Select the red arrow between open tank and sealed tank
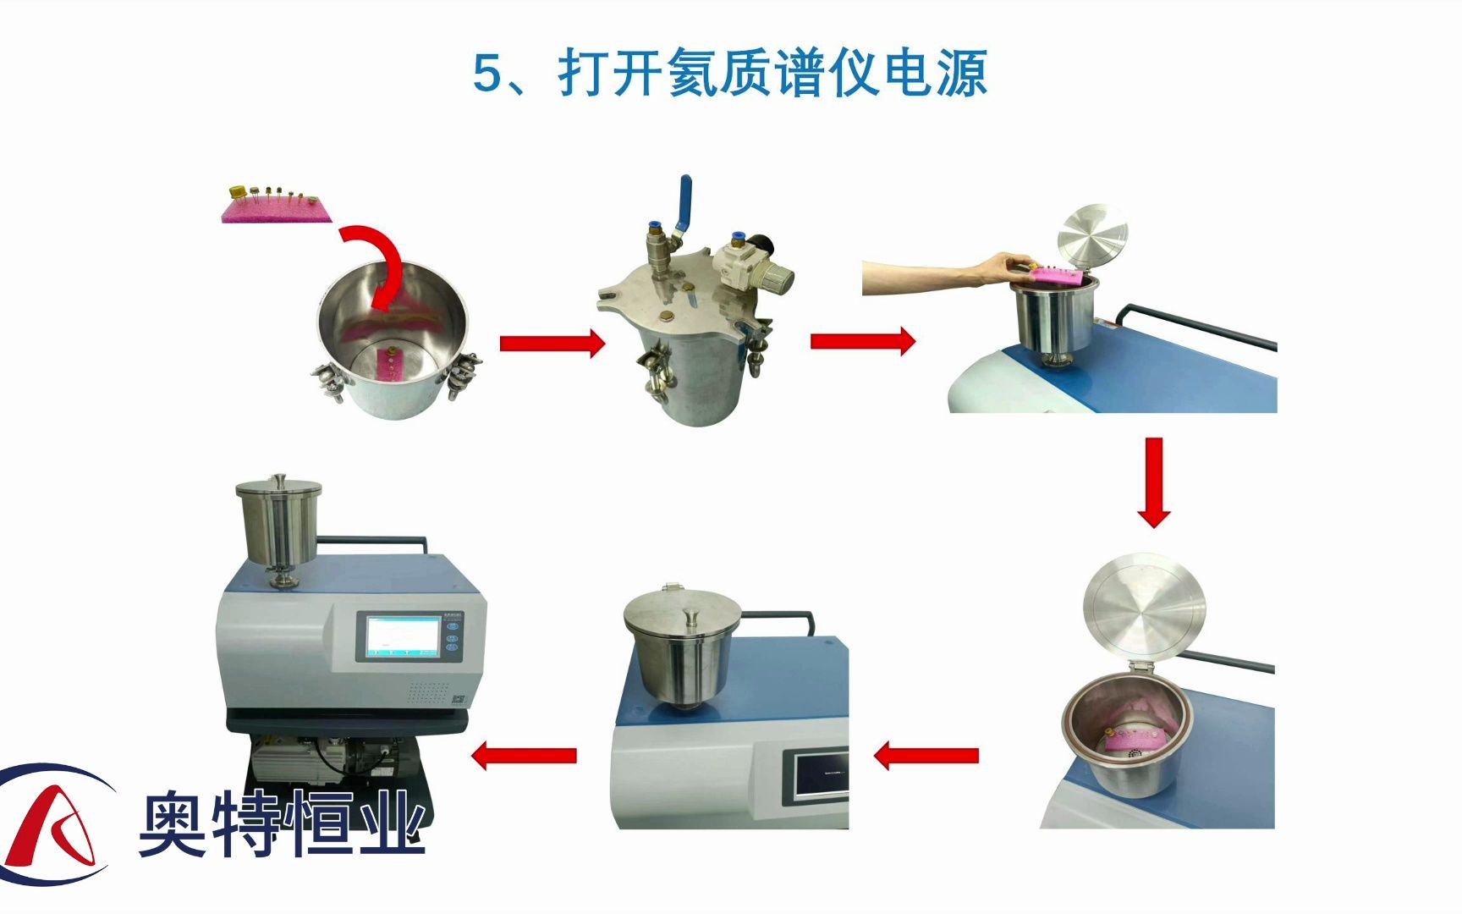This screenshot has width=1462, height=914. [x=552, y=343]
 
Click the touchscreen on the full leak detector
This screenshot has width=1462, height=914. [x=403, y=637]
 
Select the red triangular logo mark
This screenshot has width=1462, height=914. [x=55, y=825]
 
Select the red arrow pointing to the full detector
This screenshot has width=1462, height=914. [x=524, y=755]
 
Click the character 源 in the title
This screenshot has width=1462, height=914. [x=963, y=73]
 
